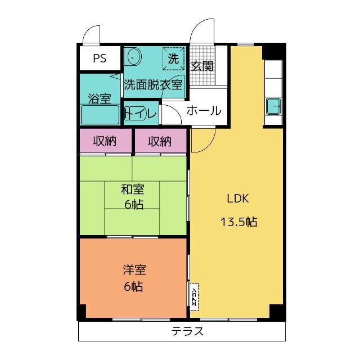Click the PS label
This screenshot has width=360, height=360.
[x=100, y=58]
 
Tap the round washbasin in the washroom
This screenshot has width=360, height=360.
[x=133, y=57]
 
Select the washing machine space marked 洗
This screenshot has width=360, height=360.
[x=173, y=58]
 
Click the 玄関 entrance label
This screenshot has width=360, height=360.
[x=202, y=66]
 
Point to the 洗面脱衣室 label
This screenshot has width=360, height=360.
[x=154, y=85]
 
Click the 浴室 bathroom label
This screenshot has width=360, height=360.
[x=100, y=98]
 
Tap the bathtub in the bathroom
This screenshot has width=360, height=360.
[x=100, y=115]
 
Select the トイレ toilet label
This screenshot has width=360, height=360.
[x=141, y=113]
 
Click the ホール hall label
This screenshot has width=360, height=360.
[x=204, y=111]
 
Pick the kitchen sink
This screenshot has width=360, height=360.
[x=273, y=106]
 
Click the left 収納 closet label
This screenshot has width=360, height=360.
[x=105, y=141]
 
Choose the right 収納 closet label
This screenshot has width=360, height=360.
[x=160, y=141]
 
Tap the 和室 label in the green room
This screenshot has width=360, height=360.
[x=133, y=190]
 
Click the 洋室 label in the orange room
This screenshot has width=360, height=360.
[x=134, y=270]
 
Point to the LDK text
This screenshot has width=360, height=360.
[x=238, y=199]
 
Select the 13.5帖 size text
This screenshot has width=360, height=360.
[x=238, y=222]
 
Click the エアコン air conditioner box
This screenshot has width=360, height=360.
[x=194, y=297]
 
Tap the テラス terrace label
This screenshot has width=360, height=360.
[x=187, y=331]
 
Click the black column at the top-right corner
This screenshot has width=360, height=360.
[x=274, y=51]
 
